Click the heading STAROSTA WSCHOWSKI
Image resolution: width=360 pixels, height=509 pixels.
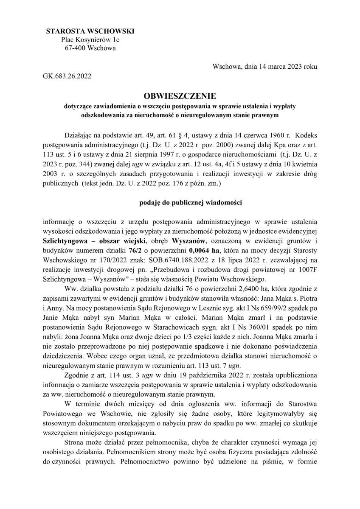point(90,31)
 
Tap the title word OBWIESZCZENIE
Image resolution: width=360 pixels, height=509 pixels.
point(180,96)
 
